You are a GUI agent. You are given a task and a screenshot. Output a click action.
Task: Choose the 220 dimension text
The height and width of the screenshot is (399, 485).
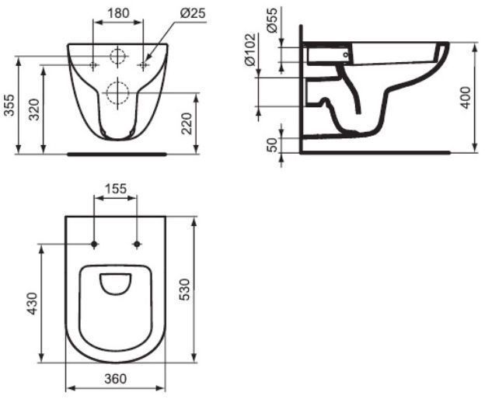(x=186, y=122)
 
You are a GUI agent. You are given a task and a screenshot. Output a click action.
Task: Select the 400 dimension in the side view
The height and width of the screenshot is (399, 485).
(x=465, y=97)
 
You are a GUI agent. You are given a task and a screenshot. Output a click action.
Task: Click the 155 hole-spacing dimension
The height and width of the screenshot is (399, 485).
(x=116, y=189)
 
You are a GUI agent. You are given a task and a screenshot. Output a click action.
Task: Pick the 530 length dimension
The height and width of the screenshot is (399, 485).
(x=185, y=289)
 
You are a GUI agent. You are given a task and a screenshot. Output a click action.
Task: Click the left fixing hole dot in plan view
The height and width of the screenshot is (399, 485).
(x=94, y=245)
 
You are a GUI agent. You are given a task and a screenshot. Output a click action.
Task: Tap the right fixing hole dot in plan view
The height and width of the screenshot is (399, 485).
(x=138, y=245)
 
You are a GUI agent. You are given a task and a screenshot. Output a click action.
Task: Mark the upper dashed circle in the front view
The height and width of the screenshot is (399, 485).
(x=117, y=57)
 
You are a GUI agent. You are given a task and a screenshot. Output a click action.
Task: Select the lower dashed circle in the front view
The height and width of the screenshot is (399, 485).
(x=117, y=92)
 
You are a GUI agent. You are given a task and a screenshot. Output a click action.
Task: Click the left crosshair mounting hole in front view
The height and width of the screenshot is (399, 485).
(x=92, y=65)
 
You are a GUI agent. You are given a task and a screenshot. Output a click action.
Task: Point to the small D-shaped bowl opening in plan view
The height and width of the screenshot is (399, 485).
(x=117, y=285)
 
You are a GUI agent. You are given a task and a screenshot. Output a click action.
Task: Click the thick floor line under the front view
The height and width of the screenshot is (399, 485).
(x=117, y=154)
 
